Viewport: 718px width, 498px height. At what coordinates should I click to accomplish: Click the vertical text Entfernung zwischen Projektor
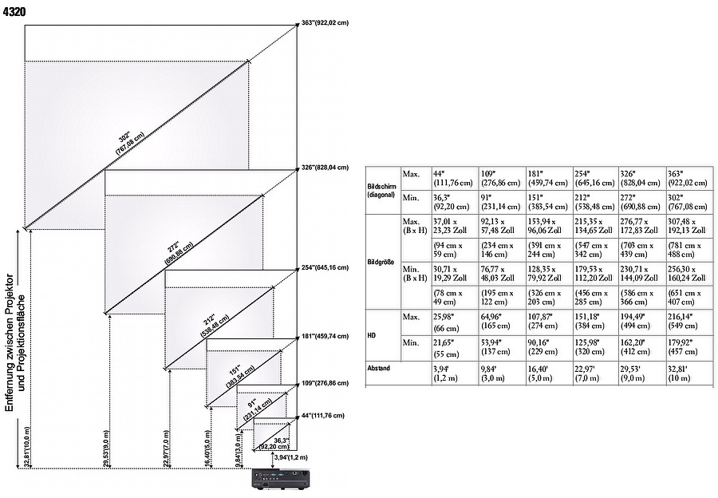9,344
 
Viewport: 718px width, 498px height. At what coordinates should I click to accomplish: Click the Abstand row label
380,369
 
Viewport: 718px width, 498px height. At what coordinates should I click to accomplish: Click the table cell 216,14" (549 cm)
685,322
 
